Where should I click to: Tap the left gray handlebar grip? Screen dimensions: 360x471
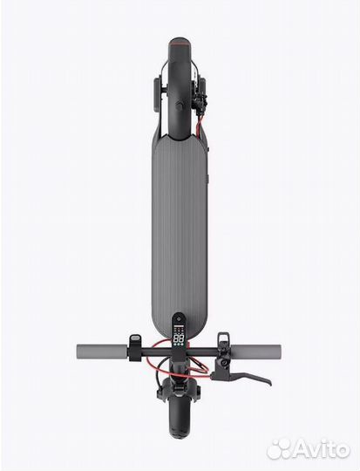pos(102,350)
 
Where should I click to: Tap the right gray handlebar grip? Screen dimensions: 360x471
pos(255,350)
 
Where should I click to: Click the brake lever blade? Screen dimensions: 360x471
pos(243,378)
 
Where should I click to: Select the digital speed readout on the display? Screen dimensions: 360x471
pos(180,339)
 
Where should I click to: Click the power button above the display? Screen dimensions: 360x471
pos(180,318)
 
